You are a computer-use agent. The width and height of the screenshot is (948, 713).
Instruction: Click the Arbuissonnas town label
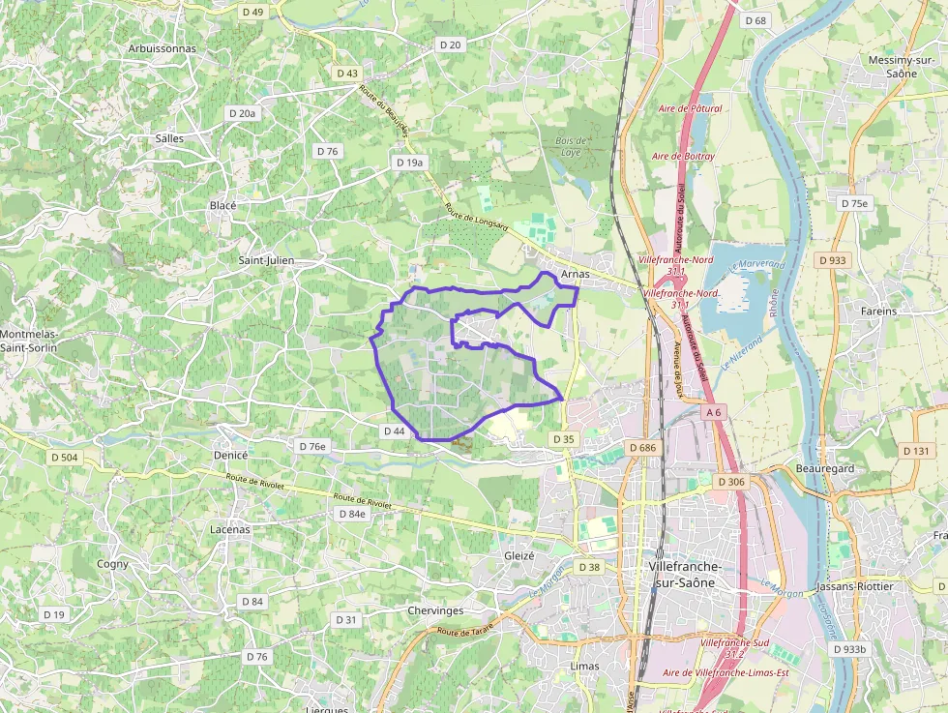(x=162, y=47)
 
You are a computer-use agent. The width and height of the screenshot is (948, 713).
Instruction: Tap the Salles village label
(x=169, y=138)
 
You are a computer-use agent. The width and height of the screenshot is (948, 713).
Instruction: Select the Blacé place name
(x=222, y=205)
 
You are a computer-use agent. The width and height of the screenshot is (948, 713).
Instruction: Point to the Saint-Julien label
(x=266, y=260)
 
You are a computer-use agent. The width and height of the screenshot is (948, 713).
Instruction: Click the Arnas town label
(x=575, y=274)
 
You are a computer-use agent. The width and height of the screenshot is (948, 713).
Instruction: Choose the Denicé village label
(x=230, y=455)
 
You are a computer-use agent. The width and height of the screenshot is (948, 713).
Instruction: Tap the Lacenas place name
(x=230, y=529)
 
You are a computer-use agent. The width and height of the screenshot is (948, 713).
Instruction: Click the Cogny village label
(x=112, y=563)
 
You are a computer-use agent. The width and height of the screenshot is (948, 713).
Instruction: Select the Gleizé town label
(x=519, y=555)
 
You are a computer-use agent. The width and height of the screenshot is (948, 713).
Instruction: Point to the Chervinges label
(x=435, y=610)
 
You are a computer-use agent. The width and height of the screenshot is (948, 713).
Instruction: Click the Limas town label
(x=585, y=666)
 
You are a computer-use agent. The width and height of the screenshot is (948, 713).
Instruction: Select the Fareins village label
(x=878, y=312)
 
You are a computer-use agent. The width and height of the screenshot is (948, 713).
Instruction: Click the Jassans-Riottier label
(x=855, y=586)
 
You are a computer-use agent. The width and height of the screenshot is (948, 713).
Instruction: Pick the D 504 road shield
(x=64, y=457)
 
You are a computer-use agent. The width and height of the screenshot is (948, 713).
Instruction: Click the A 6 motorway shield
(x=714, y=412)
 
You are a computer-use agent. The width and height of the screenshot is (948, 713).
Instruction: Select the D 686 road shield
(x=642, y=448)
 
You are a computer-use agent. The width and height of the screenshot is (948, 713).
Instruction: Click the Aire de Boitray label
(x=683, y=156)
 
